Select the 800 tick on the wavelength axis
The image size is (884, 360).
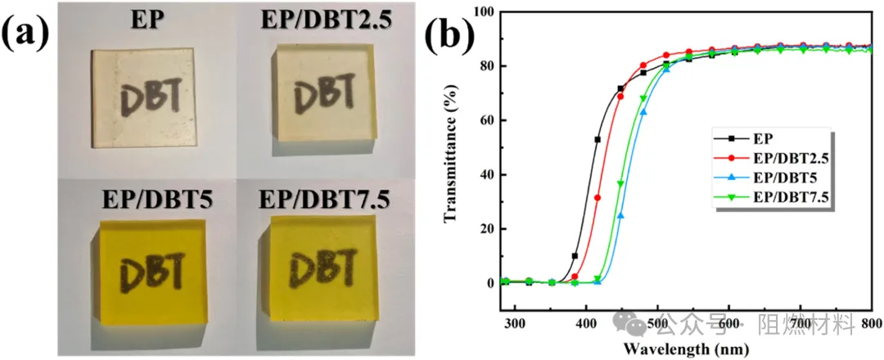pos(869,324)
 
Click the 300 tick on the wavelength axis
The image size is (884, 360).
pos(516,324)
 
